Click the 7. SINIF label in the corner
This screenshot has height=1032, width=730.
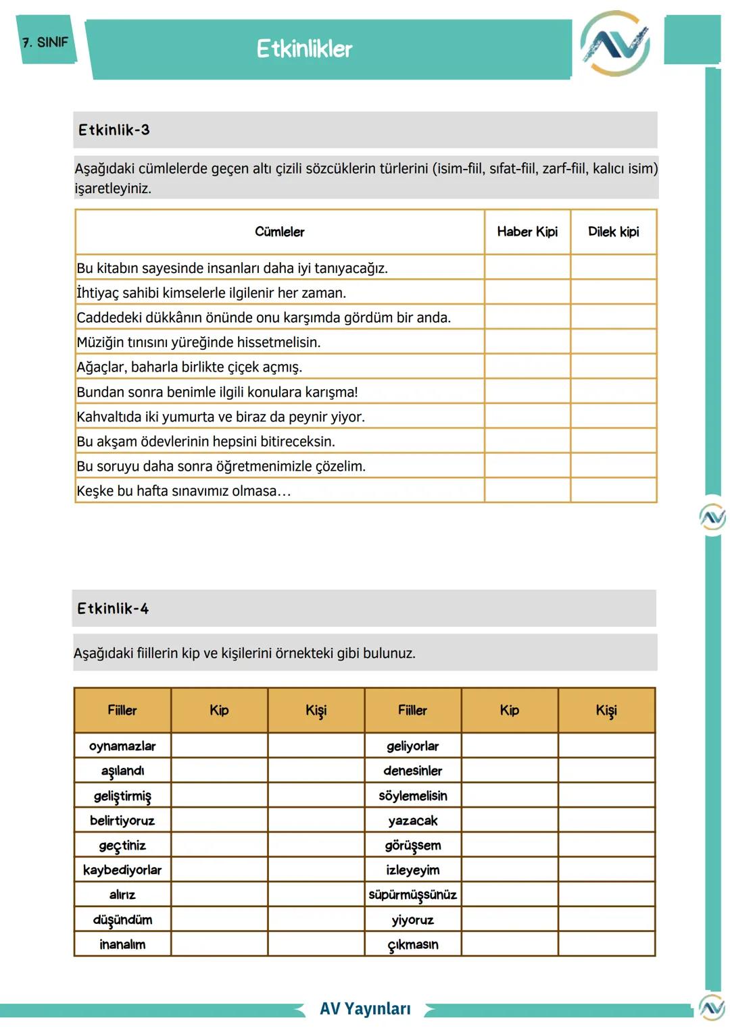pyautogui.click(x=45, y=43)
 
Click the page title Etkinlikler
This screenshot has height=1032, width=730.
pyautogui.click(x=304, y=49)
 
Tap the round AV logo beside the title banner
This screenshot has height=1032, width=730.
pyautogui.click(x=615, y=44)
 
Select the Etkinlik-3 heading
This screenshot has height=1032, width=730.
pyautogui.click(x=114, y=130)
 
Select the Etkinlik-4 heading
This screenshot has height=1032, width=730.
pyautogui.click(x=113, y=609)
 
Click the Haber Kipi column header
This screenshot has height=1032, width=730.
pyautogui.click(x=527, y=232)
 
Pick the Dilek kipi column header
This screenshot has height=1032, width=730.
pyautogui.click(x=613, y=232)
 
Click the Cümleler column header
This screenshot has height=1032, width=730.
pyautogui.click(x=279, y=232)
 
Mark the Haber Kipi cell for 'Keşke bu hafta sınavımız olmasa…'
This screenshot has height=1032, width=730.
pyautogui.click(x=527, y=490)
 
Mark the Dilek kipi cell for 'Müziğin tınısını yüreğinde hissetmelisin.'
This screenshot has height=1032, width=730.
pyautogui.click(x=613, y=342)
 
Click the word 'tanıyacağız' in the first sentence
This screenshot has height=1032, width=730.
pyautogui.click(x=347, y=268)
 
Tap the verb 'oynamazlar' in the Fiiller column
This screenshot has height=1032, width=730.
pyautogui.click(x=122, y=746)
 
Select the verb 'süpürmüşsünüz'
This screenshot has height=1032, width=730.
pyautogui.click(x=412, y=895)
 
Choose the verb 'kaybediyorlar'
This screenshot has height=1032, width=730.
pyautogui.click(x=122, y=870)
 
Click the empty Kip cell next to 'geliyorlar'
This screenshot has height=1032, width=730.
pyautogui.click(x=510, y=746)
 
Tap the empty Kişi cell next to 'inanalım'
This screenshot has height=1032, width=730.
pyautogui.click(x=316, y=944)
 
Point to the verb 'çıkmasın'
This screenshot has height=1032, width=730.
pyautogui.click(x=412, y=944)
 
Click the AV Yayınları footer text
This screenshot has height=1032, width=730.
pyautogui.click(x=365, y=1008)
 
